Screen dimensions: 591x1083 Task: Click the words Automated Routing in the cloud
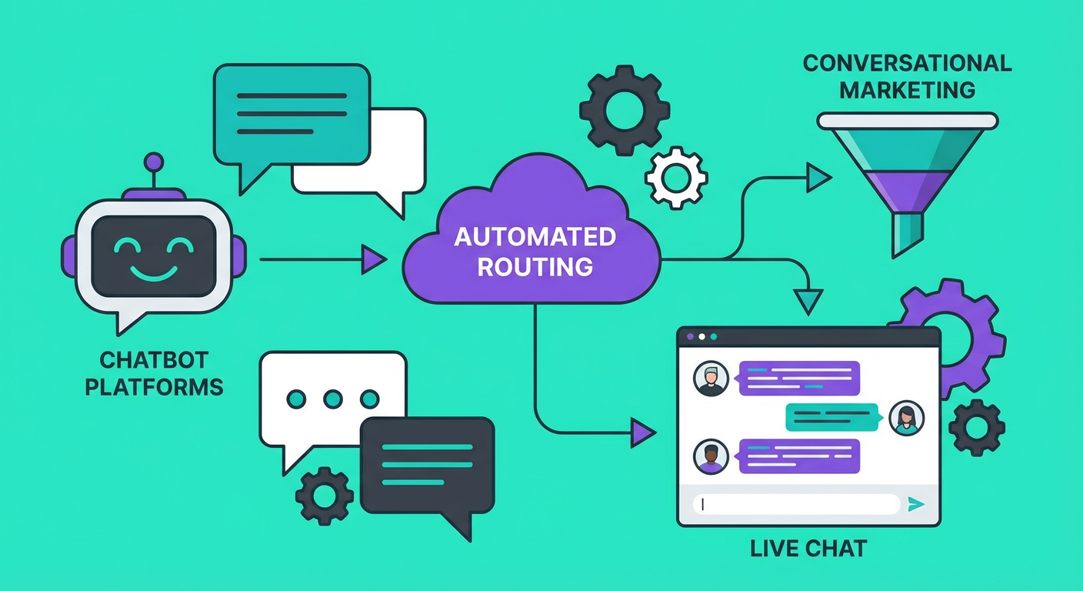[535, 252]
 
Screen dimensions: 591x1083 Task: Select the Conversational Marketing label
[907, 76]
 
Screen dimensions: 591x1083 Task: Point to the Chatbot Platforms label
[154, 372]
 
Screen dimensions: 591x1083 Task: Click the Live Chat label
[808, 549]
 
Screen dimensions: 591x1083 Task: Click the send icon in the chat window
[915, 504]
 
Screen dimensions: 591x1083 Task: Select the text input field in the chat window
[796, 504]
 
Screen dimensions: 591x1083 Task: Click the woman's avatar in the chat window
[906, 418]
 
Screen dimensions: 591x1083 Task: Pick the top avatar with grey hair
[710, 379]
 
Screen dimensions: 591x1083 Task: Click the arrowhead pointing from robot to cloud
[375, 259]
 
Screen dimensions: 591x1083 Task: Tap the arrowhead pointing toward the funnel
[818, 179]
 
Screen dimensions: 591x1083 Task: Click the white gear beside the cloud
[675, 177]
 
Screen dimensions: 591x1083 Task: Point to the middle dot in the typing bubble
[333, 399]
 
